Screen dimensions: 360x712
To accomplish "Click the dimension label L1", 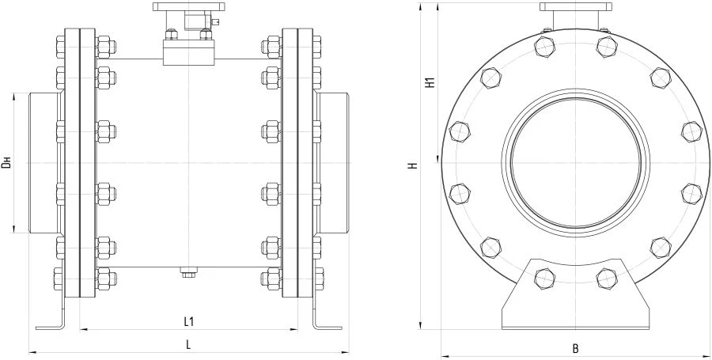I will point(189,321).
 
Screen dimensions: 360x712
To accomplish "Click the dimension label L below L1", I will point(188,343).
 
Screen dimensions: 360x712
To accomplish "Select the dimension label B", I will point(576,348).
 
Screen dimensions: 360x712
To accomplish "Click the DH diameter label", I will point(7,163).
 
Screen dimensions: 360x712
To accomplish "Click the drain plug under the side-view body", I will point(188,274).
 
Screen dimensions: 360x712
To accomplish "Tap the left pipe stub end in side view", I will point(44,162).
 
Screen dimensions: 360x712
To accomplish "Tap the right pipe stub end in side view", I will point(332,162).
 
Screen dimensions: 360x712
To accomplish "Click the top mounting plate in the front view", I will point(576,6).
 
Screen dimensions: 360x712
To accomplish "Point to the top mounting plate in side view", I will point(189,6).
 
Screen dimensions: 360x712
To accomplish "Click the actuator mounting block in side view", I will point(189,53).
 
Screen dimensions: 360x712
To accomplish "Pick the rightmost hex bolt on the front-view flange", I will point(693,131).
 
